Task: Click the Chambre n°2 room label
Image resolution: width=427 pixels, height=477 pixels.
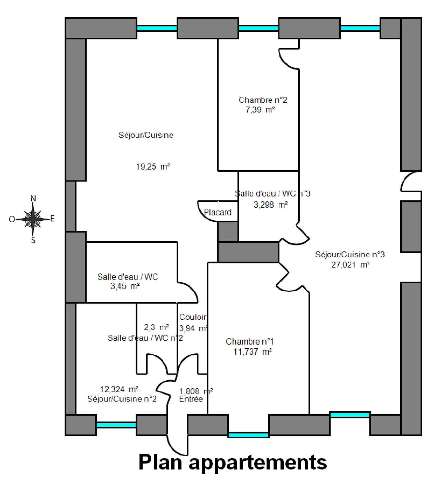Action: tap(263, 100)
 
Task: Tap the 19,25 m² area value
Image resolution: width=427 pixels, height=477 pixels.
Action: tap(153, 167)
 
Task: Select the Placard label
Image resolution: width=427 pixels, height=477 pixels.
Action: tap(218, 212)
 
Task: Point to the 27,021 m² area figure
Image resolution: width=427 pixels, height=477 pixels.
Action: tap(350, 265)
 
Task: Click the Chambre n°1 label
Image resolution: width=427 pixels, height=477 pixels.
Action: tap(250, 341)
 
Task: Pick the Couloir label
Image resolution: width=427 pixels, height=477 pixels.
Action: tap(193, 317)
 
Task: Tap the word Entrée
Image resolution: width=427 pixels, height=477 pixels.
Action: tap(191, 399)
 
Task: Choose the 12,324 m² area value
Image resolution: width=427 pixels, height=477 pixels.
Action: tap(119, 389)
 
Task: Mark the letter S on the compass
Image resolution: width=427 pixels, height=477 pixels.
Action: tap(33, 241)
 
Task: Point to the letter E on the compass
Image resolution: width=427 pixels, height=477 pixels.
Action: tap(52, 219)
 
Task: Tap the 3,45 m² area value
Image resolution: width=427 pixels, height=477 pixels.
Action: tap(125, 286)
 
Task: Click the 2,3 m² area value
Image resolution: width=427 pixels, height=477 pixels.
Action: tap(156, 327)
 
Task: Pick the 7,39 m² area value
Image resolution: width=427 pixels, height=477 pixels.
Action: tap(260, 110)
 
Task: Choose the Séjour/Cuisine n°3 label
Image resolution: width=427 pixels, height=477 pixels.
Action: tap(350, 255)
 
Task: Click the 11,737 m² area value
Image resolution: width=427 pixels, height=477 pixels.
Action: tap(252, 352)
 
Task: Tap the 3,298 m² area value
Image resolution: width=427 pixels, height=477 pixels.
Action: tap(270, 205)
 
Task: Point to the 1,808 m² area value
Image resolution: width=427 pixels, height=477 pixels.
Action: tap(196, 391)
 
